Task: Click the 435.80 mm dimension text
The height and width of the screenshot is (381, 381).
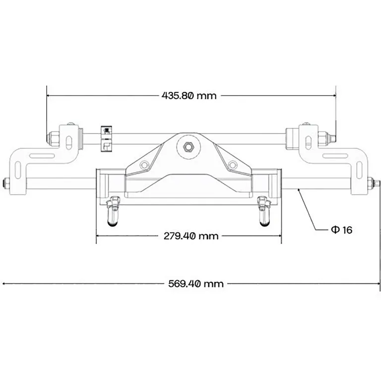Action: click(x=189, y=95)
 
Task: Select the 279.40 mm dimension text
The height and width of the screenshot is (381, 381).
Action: click(x=191, y=236)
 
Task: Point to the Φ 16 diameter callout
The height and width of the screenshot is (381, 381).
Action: click(x=341, y=230)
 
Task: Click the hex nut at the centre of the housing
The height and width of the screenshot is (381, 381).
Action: click(x=188, y=146)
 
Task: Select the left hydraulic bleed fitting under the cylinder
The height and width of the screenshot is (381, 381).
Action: click(x=114, y=210)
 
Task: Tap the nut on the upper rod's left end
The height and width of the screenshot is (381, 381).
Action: click(x=51, y=137)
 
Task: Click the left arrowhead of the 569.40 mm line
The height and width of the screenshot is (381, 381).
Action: click(x=5, y=284)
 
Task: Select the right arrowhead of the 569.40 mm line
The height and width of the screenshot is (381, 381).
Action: click(x=378, y=284)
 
